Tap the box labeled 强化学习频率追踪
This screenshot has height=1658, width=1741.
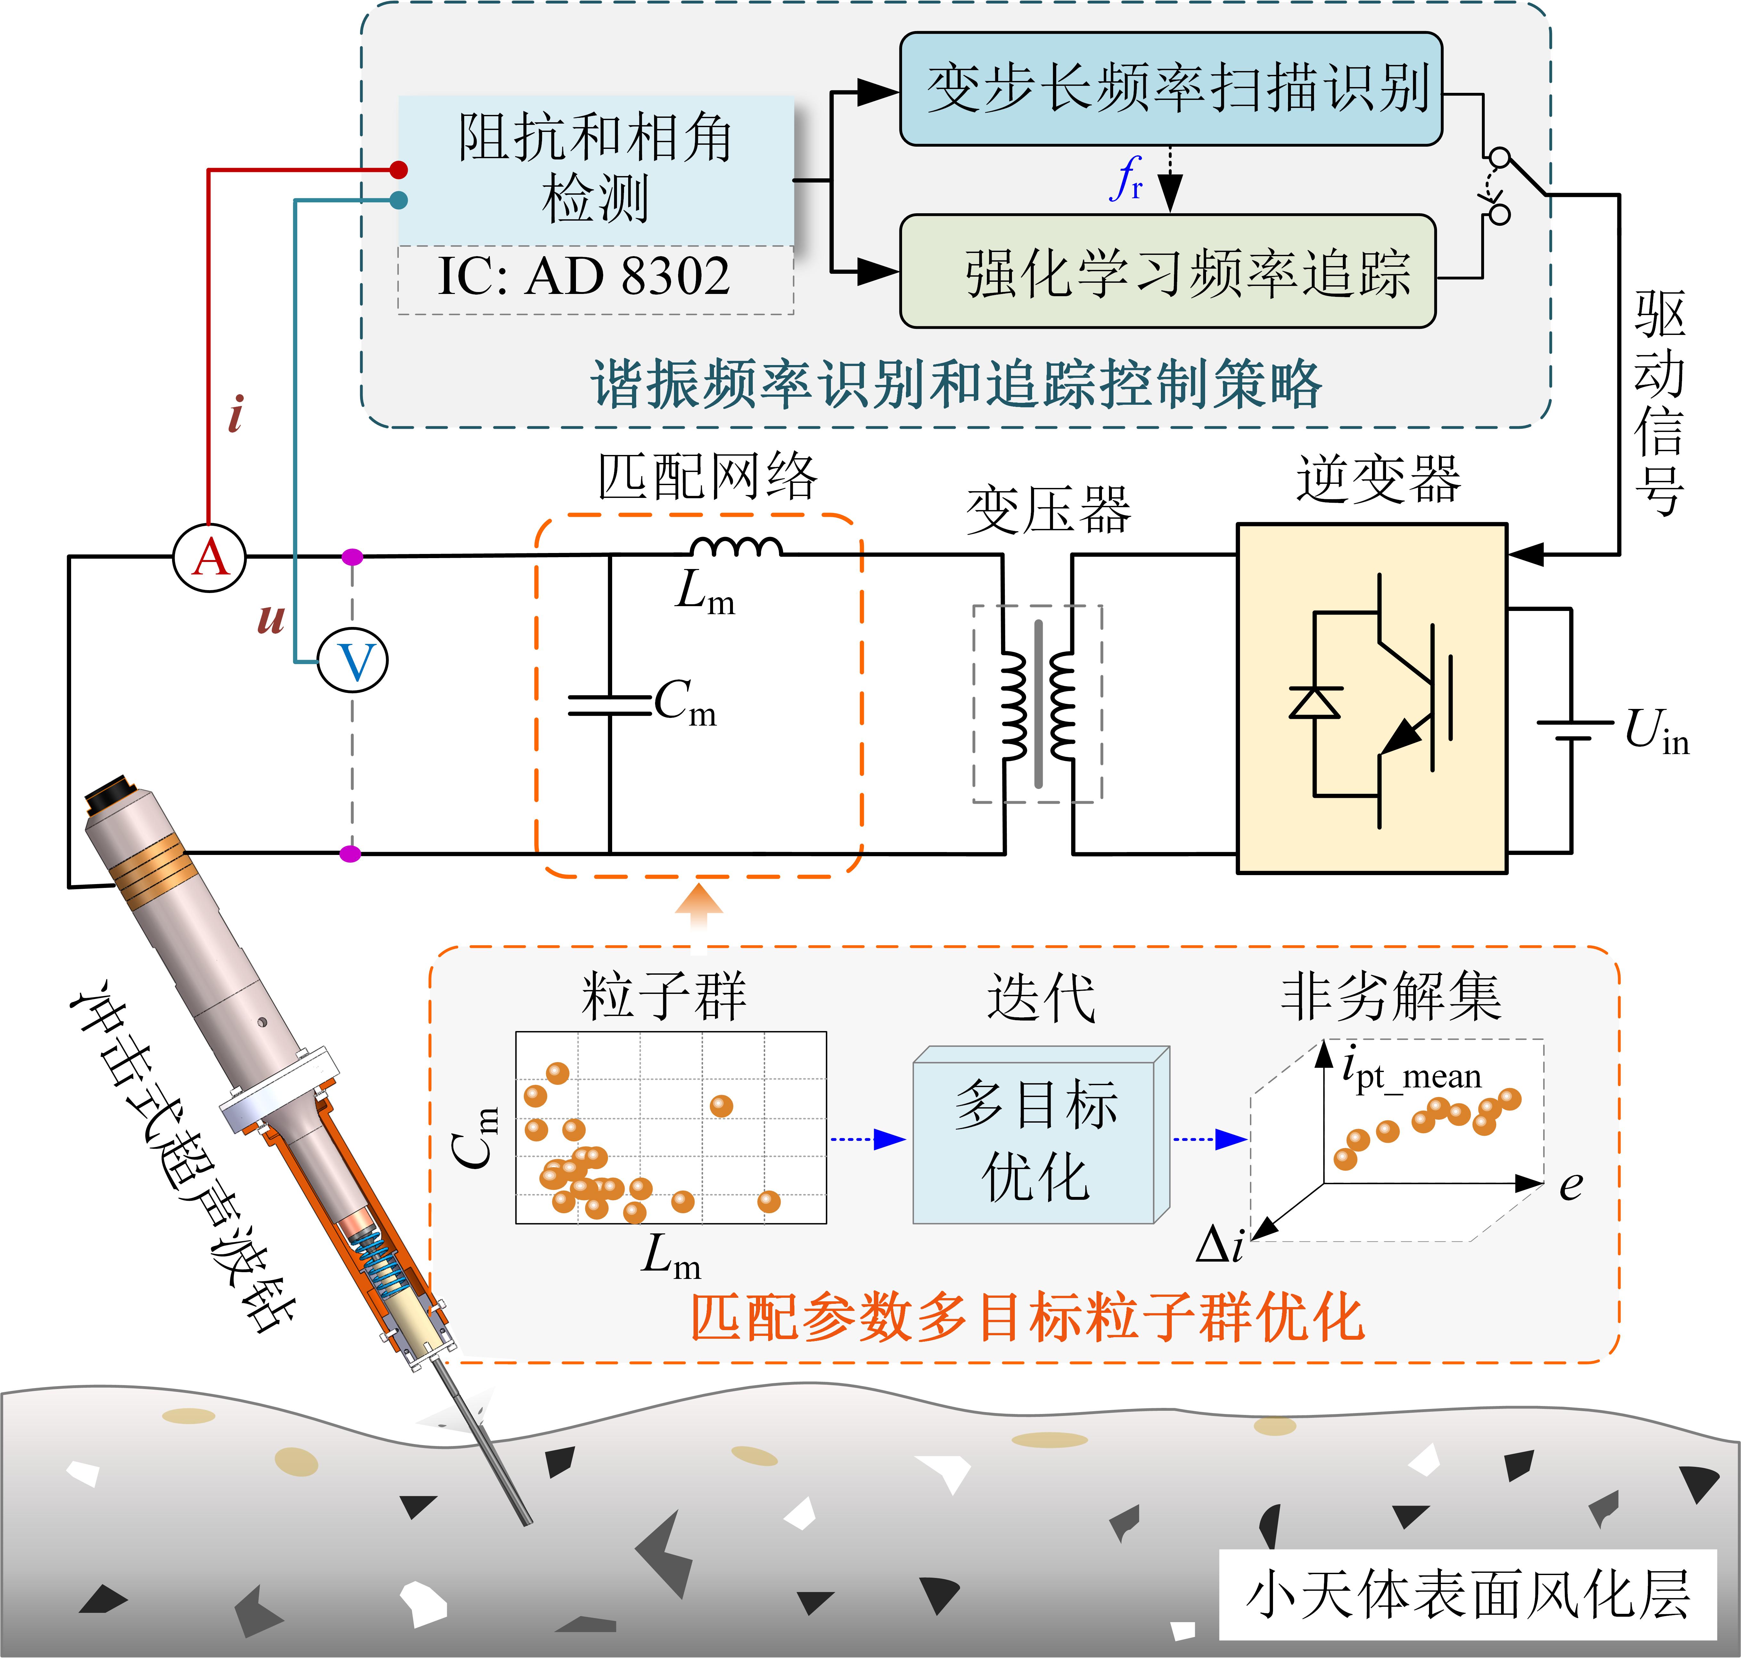tap(1167, 271)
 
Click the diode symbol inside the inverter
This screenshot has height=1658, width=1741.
tap(1315, 703)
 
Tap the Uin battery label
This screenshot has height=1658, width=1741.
tap(1655, 732)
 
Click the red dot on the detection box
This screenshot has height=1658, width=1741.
tap(399, 170)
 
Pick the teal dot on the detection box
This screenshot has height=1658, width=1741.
tap(399, 201)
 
